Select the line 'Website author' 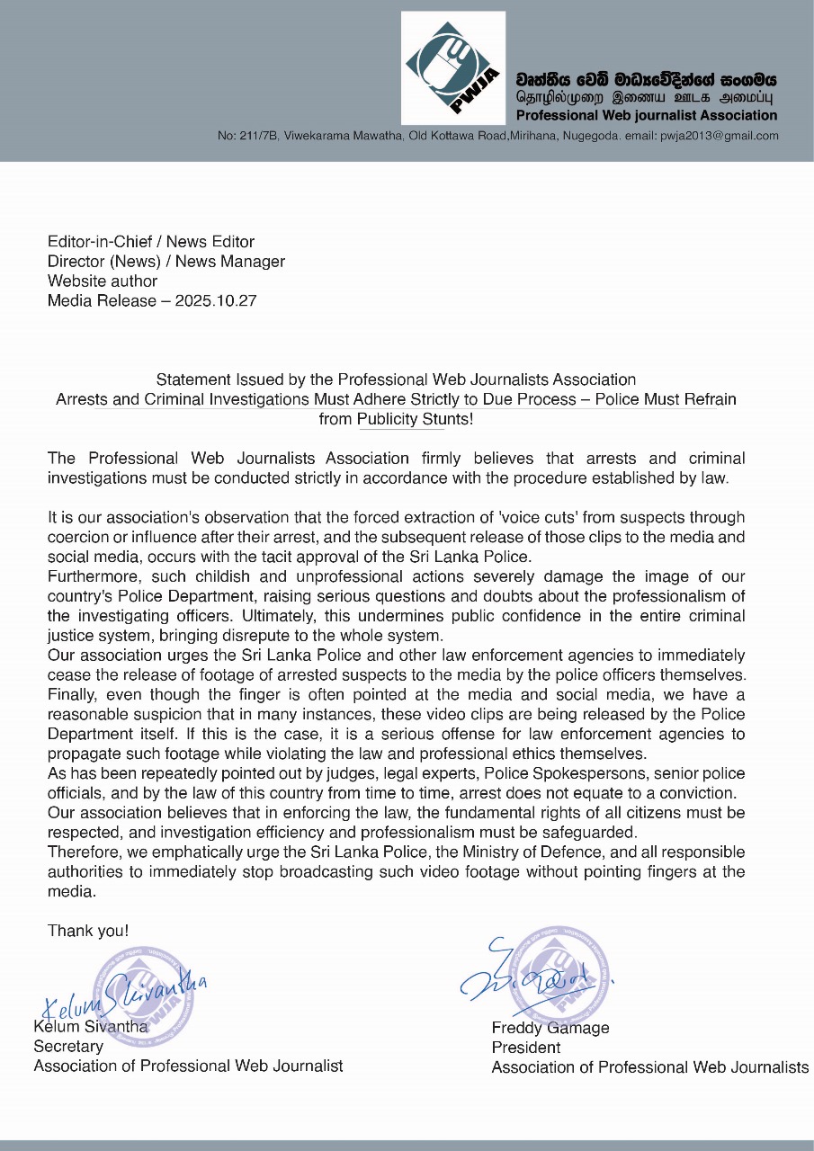pyautogui.click(x=103, y=281)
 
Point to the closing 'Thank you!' pyautogui.click(x=88, y=931)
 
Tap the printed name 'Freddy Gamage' pyautogui.click(x=550, y=1028)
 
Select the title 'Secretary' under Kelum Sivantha pyautogui.click(x=68, y=1047)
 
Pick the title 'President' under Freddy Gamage pyautogui.click(x=526, y=1048)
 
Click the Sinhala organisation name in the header pyautogui.click(x=646, y=79)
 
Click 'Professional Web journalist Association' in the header pyautogui.click(x=647, y=115)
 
